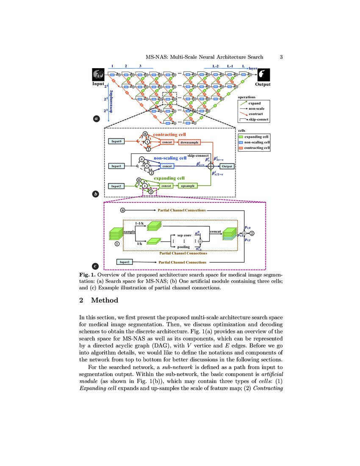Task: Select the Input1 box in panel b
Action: tap(117, 166)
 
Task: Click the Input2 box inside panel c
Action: tap(124, 262)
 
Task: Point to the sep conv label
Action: tap(184, 235)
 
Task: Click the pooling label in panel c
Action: tap(183, 247)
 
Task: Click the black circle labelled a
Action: tap(96, 119)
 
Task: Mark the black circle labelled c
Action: tap(96, 266)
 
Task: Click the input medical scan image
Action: tap(98, 75)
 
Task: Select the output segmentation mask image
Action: tap(263, 75)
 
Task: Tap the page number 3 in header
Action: tap(281, 57)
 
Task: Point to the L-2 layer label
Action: tap(215, 67)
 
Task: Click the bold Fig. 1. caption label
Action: tap(88, 275)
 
